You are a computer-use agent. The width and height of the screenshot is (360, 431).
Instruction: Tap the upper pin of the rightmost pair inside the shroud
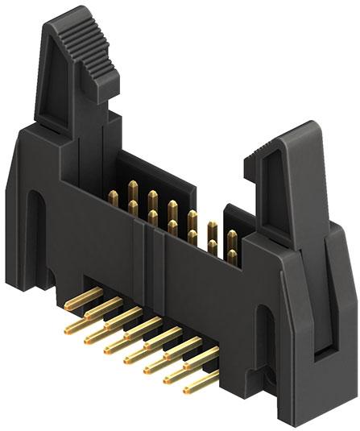point(232,237)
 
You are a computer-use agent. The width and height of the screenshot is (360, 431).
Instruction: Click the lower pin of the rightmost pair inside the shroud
point(232,256)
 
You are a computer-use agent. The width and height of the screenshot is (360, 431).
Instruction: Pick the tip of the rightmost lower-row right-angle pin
point(188,391)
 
